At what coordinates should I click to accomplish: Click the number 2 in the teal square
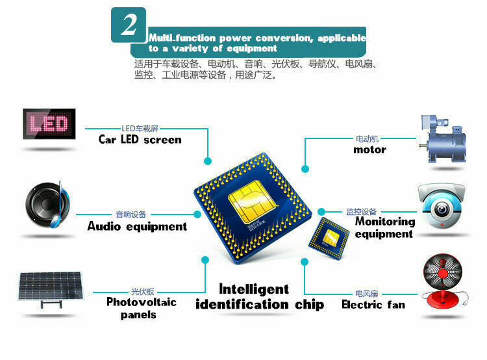(x=129, y=25)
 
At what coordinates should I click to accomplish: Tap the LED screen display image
(x=49, y=123)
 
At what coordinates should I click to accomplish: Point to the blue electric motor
(x=442, y=139)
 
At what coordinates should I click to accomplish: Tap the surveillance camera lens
(x=441, y=208)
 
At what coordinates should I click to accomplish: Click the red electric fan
(x=443, y=281)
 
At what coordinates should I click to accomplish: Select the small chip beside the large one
(x=329, y=238)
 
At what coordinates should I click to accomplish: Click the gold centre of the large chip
(x=251, y=203)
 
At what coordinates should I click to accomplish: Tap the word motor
(x=369, y=150)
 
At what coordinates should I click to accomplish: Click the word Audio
(x=104, y=226)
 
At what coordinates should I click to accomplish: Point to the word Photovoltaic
(x=142, y=302)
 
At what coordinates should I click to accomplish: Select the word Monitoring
(x=385, y=222)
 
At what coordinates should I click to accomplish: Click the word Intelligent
(x=254, y=289)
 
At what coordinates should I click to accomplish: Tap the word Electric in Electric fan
(x=362, y=304)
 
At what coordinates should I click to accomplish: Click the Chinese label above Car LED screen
(x=140, y=129)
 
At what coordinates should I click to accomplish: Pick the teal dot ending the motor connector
(x=305, y=169)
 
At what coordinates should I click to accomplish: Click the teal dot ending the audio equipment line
(x=197, y=214)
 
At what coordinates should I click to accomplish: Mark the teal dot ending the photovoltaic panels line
(x=205, y=259)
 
